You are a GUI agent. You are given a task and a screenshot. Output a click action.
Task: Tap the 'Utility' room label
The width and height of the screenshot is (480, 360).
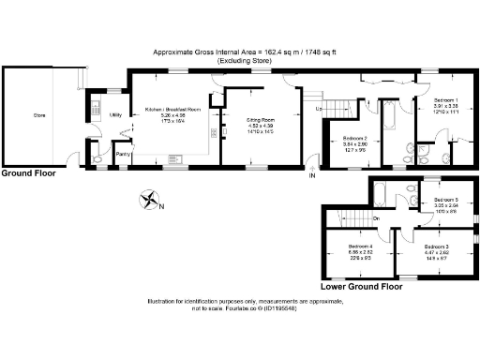pyautogui.click(x=116, y=115)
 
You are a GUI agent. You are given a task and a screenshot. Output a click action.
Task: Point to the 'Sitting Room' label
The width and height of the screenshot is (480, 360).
pyautogui.click(x=260, y=121)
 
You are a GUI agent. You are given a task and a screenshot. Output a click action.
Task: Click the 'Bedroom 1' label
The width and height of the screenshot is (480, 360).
pyautogui.click(x=444, y=100)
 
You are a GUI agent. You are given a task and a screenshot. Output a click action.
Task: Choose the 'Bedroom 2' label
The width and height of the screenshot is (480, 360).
pyautogui.click(x=353, y=138)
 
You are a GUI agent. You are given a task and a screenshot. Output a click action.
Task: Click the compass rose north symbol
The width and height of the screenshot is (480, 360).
pyautogui.click(x=149, y=199)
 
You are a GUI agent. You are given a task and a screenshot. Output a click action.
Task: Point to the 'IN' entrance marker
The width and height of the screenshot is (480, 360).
pyautogui.click(x=313, y=174)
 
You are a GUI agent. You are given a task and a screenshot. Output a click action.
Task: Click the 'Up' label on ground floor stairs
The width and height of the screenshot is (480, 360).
pyautogui.click(x=320, y=111)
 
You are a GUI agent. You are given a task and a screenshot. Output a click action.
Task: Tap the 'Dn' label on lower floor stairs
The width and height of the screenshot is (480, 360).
pyautogui.click(x=375, y=220)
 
